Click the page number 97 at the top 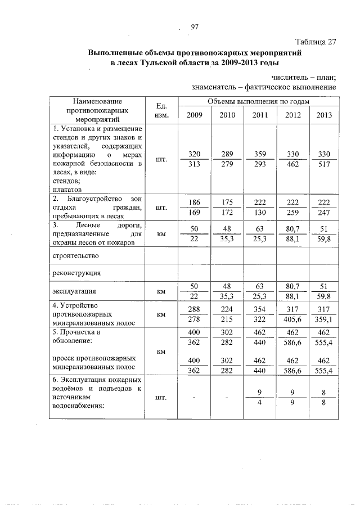[195, 27]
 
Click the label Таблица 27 [316, 42]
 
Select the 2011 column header [260, 116]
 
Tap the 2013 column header [324, 116]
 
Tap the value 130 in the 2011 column [260, 213]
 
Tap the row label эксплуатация [74, 292]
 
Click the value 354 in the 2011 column [260, 309]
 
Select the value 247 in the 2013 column [324, 213]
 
